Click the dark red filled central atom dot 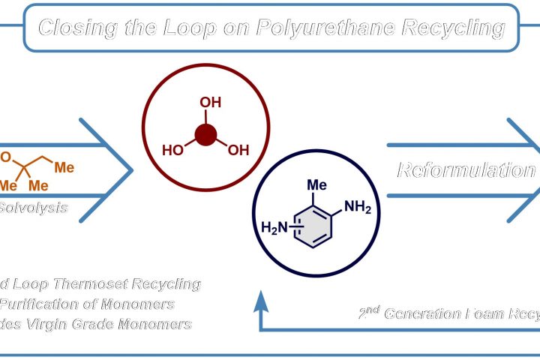tap(205, 135)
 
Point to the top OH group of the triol tap(210, 103)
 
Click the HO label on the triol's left tap(173, 150)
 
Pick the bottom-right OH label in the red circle tap(238, 150)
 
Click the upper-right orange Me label tap(64, 166)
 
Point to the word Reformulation tap(465, 169)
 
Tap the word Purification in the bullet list tap(40, 304)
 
